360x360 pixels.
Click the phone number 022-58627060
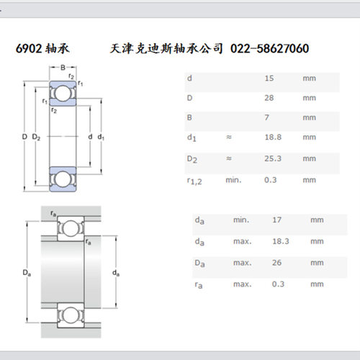pos(269,48)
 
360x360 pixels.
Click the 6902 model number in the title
pos(29,48)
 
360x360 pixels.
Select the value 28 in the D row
pos(269,98)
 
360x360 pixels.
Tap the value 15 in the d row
pos(269,78)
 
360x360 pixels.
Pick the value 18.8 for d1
pos(273,138)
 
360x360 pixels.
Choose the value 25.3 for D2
pos(273,158)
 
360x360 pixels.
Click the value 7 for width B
pos(266,117)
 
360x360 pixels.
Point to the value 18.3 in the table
pos(280,241)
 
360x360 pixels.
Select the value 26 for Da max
pos(276,263)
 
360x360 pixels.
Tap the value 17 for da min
pos(276,220)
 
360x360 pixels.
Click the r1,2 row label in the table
pos(194,181)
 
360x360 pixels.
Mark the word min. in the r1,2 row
pos(233,180)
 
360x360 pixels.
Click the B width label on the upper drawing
pos(63,68)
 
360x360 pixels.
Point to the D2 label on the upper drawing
pos(36,138)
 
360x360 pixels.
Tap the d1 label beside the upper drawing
pos(101,138)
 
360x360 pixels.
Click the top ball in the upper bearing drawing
pos(63,94)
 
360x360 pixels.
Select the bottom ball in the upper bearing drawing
pos(63,179)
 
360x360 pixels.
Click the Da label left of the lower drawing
pos(27,273)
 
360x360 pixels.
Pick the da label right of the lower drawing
pos(116,273)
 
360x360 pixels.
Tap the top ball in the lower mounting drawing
pos(71,228)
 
